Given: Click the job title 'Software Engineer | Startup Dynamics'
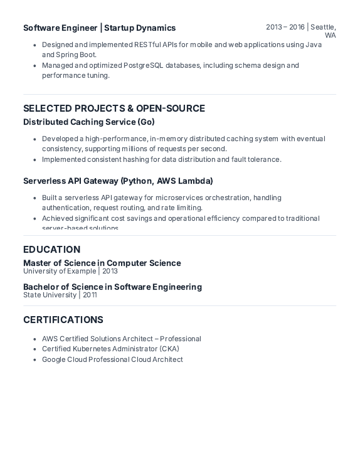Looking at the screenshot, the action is pyautogui.click(x=99, y=28).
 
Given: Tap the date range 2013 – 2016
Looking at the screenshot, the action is pyautogui.click(x=285, y=27).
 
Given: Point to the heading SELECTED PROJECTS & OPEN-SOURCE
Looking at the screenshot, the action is pyautogui.click(x=114, y=109).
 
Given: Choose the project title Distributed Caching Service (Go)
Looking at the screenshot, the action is pyautogui.click(x=88, y=122).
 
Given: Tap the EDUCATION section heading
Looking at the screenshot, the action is pyautogui.click(x=51, y=249).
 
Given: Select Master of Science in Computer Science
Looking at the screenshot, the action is pyautogui.click(x=102, y=263).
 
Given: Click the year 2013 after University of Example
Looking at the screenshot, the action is pyautogui.click(x=110, y=271).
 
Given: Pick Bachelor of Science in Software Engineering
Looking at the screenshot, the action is pyautogui.click(x=112, y=287).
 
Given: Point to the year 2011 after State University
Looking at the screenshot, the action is pyautogui.click(x=90, y=295).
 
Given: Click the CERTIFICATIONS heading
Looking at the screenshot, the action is pyautogui.click(x=63, y=320).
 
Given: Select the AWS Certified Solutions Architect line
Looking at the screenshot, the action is pyautogui.click(x=121, y=339).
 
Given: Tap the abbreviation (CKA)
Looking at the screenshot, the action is pyautogui.click(x=169, y=349).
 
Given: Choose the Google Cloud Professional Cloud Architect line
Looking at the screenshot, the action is pyautogui.click(x=112, y=359).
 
